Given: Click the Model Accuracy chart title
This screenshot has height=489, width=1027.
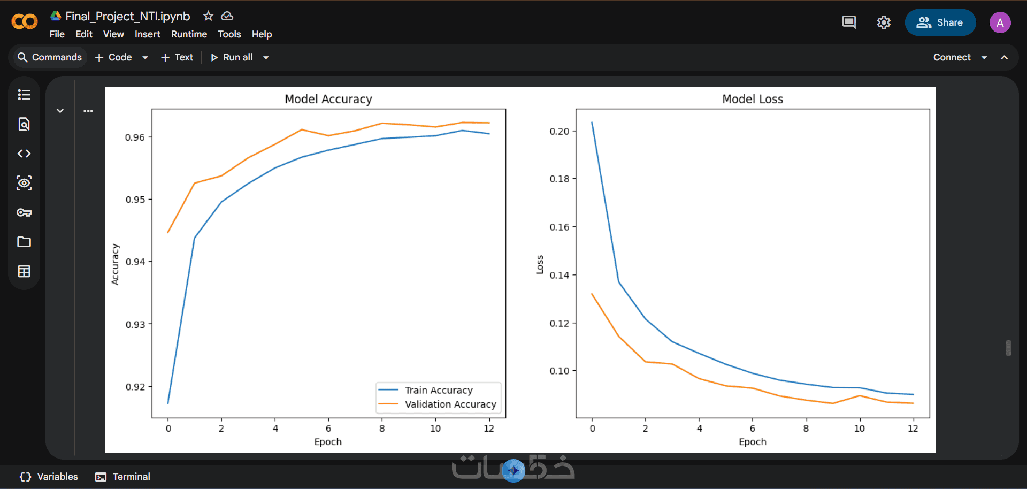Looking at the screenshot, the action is point(328,99).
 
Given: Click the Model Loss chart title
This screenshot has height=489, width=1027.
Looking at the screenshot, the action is point(753,99).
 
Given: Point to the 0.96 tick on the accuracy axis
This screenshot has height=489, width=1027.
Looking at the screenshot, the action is point(135,137).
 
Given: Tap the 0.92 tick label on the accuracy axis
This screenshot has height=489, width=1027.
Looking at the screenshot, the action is point(135,387).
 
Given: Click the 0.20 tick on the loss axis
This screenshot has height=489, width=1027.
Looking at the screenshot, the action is point(560,131).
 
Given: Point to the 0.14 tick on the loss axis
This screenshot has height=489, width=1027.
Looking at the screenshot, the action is point(560,275).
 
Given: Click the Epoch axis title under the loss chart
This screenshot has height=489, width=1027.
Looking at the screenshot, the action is point(753,442).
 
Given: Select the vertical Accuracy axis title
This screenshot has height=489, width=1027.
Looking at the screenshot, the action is point(115,264).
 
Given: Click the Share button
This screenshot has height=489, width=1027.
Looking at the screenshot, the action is point(940,22).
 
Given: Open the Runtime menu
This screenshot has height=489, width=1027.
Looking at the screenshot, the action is point(189,34).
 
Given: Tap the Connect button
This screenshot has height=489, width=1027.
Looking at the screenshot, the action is point(952,57).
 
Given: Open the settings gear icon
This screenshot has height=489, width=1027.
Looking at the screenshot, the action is point(884,22).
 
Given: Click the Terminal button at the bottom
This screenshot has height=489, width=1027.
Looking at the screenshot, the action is point(122,477).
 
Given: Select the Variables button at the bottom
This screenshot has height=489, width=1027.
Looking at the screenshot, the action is point(49,477).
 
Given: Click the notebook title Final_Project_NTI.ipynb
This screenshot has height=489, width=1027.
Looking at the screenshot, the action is point(127,16).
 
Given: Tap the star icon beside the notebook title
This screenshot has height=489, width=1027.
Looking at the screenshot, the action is point(208,16).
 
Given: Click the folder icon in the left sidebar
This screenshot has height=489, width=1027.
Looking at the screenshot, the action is point(24,242).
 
